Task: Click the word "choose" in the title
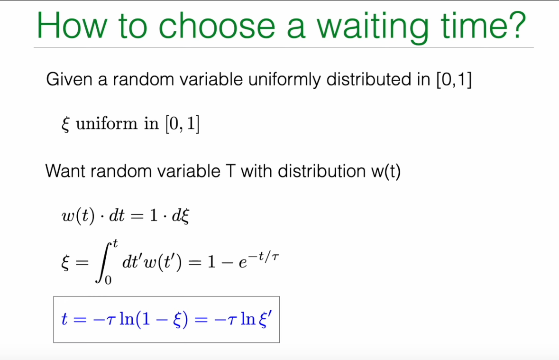click(217, 25)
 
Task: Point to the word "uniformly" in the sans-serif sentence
click(284, 80)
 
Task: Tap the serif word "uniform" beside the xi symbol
click(107, 124)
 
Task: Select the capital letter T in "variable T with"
click(230, 171)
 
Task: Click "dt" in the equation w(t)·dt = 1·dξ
click(117, 215)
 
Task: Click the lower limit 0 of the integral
click(108, 280)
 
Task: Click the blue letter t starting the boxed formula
click(64, 319)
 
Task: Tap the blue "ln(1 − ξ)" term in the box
click(154, 319)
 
